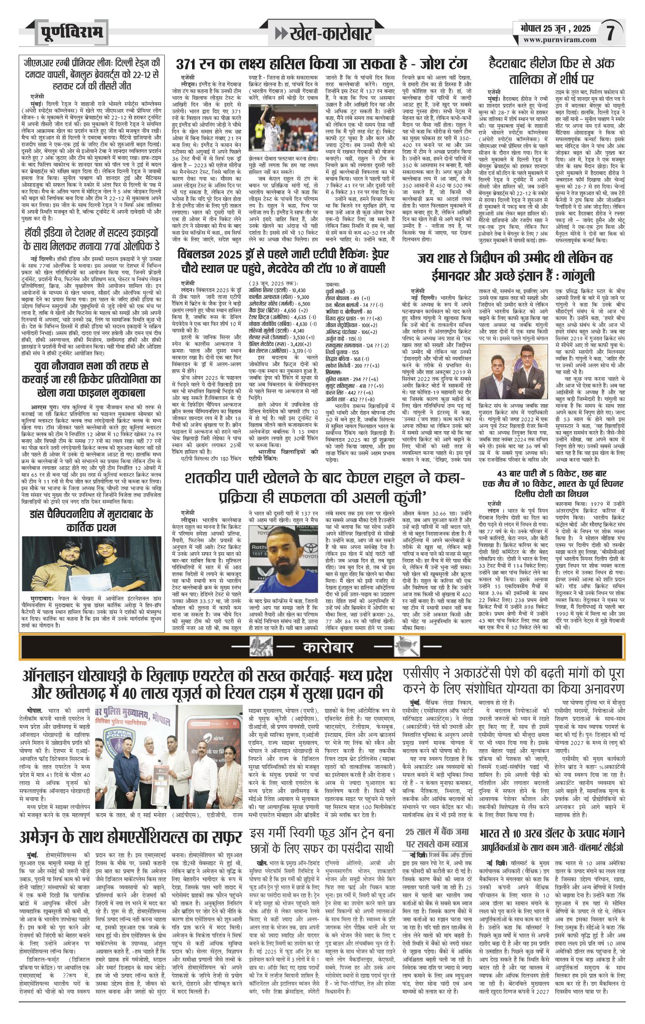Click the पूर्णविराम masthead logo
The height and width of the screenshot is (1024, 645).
pyautogui.click(x=71, y=33)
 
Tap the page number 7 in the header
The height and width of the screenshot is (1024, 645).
pyautogui.click(x=611, y=33)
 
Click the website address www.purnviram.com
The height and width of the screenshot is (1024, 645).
pyautogui.click(x=559, y=40)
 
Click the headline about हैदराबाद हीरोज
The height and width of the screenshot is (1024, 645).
pyautogui.click(x=551, y=71)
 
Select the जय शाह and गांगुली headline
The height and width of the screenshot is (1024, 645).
pyautogui.click(x=515, y=267)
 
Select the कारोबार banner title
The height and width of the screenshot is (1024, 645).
pyautogui.click(x=328, y=647)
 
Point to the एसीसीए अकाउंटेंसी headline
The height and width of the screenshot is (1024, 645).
pyautogui.click(x=513, y=681)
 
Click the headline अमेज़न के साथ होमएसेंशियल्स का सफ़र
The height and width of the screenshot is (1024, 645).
pyautogui.click(x=131, y=837)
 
